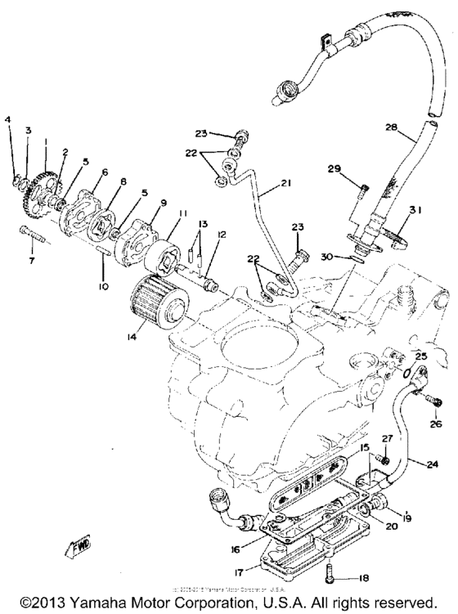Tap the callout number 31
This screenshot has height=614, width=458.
point(415,210)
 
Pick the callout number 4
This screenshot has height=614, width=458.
point(8,120)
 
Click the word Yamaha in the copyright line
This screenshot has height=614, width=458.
point(90,603)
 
